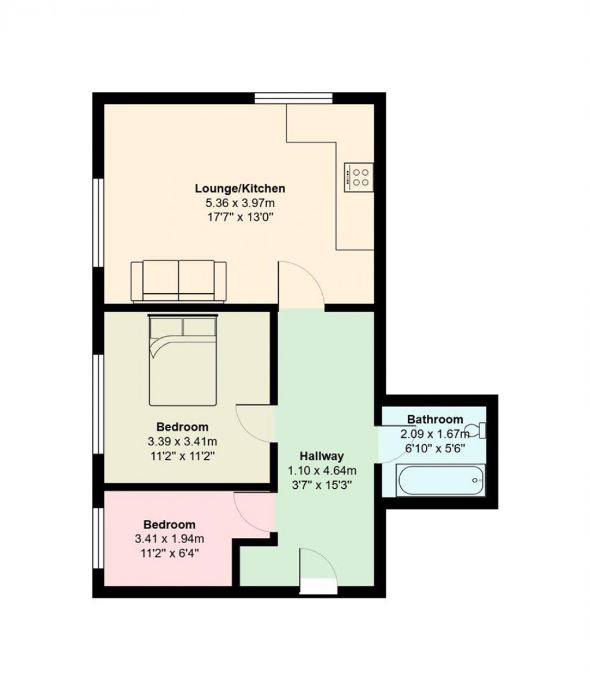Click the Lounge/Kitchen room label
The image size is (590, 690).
[x=239, y=189]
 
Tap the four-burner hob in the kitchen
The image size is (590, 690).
[x=359, y=176]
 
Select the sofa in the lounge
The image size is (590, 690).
[x=179, y=281]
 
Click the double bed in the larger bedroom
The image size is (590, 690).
[x=183, y=360]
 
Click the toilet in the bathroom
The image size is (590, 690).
[x=478, y=430]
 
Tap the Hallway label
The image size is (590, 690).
[x=322, y=456]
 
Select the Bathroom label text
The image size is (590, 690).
[x=435, y=419]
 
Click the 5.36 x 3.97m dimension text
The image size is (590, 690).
[x=239, y=203]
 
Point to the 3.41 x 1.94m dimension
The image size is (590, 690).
[x=169, y=539]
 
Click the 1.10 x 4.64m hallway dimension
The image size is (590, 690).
[x=322, y=470]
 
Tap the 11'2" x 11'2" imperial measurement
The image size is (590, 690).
[x=182, y=456]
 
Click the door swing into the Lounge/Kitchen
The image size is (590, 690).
[x=301, y=285]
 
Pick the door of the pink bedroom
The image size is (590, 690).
[x=253, y=511]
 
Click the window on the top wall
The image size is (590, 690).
[x=294, y=98]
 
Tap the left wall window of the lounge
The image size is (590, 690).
[x=99, y=222]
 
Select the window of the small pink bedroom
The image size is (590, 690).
[x=99, y=538]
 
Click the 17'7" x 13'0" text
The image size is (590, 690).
[x=239, y=217]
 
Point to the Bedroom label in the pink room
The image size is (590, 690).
[x=169, y=525]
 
